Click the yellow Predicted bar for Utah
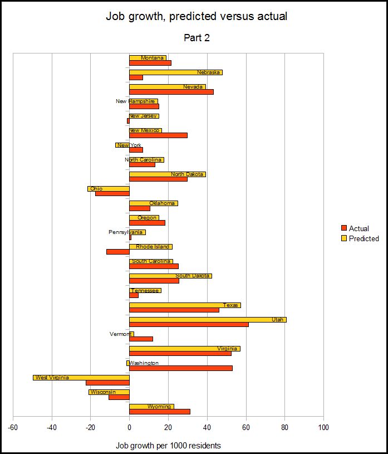point(208,320)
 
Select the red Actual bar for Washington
point(181,368)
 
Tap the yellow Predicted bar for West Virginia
point(81,378)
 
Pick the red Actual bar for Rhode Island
point(118,252)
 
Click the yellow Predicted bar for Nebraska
point(176,72)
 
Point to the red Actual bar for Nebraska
point(136,77)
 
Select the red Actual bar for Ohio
point(112,193)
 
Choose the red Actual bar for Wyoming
point(160,412)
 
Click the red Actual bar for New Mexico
point(158,135)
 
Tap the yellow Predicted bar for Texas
point(185,305)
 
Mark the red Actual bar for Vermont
point(141,339)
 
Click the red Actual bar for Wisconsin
point(119,397)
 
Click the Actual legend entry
point(355,228)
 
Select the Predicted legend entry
point(360,238)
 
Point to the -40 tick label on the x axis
point(52,428)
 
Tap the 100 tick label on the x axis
point(323,428)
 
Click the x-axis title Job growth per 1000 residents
point(168,446)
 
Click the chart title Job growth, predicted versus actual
point(197,16)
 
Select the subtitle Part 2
point(197,38)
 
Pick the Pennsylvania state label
point(126,232)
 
